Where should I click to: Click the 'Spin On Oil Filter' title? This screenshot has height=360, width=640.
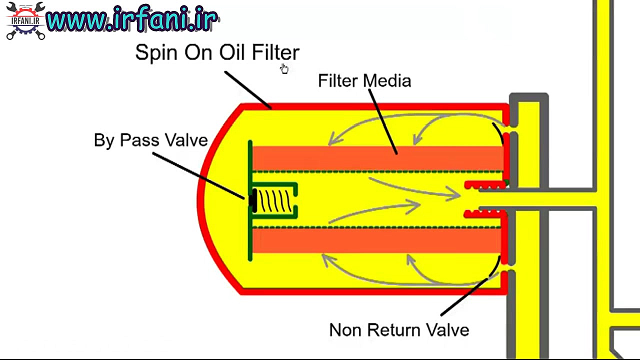point(217,52)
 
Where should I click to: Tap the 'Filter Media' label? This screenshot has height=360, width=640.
point(364,81)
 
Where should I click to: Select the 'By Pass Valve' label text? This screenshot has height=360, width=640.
point(150,140)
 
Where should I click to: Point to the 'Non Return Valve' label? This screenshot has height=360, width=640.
point(399,330)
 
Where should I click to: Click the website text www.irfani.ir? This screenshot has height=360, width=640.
point(132,20)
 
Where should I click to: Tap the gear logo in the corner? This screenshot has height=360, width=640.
point(25,21)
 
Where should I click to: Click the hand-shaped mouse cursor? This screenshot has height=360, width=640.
point(284,68)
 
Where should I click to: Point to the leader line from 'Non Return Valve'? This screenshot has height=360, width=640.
point(465,297)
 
